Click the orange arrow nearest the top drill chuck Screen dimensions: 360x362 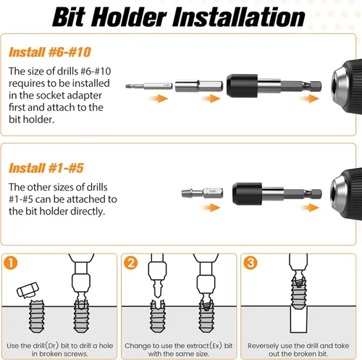(305, 106)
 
